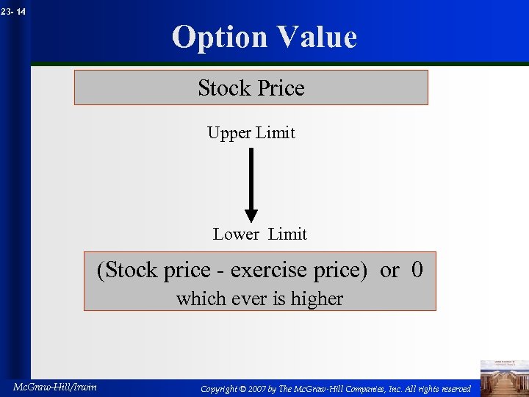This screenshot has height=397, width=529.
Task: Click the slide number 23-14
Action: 14,11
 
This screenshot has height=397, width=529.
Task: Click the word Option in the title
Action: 218,37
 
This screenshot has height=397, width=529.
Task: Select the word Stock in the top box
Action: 224,88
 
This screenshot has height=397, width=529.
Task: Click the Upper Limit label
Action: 251,133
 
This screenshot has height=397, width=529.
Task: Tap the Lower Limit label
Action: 259,235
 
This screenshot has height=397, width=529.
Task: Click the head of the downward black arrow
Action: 251,214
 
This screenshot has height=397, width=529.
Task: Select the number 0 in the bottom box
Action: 417,270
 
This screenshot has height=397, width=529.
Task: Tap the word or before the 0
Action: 389,271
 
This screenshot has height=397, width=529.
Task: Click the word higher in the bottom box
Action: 315,298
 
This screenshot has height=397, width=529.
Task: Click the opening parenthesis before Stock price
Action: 101,271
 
